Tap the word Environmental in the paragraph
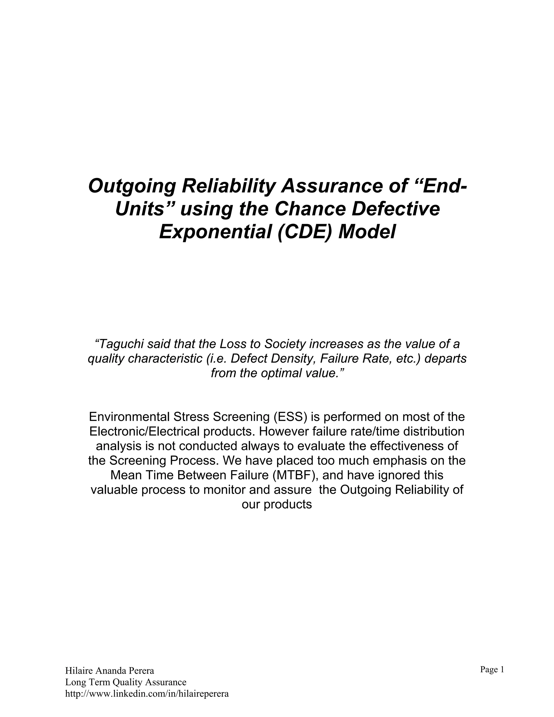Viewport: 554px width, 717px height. tap(129, 417)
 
